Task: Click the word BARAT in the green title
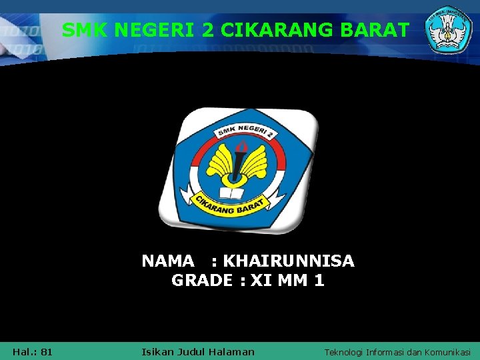376,30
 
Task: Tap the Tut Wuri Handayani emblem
449,31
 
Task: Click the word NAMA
168,261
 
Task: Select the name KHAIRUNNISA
289,261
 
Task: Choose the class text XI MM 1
287,281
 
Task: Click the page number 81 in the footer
47,351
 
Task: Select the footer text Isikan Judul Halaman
199,351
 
